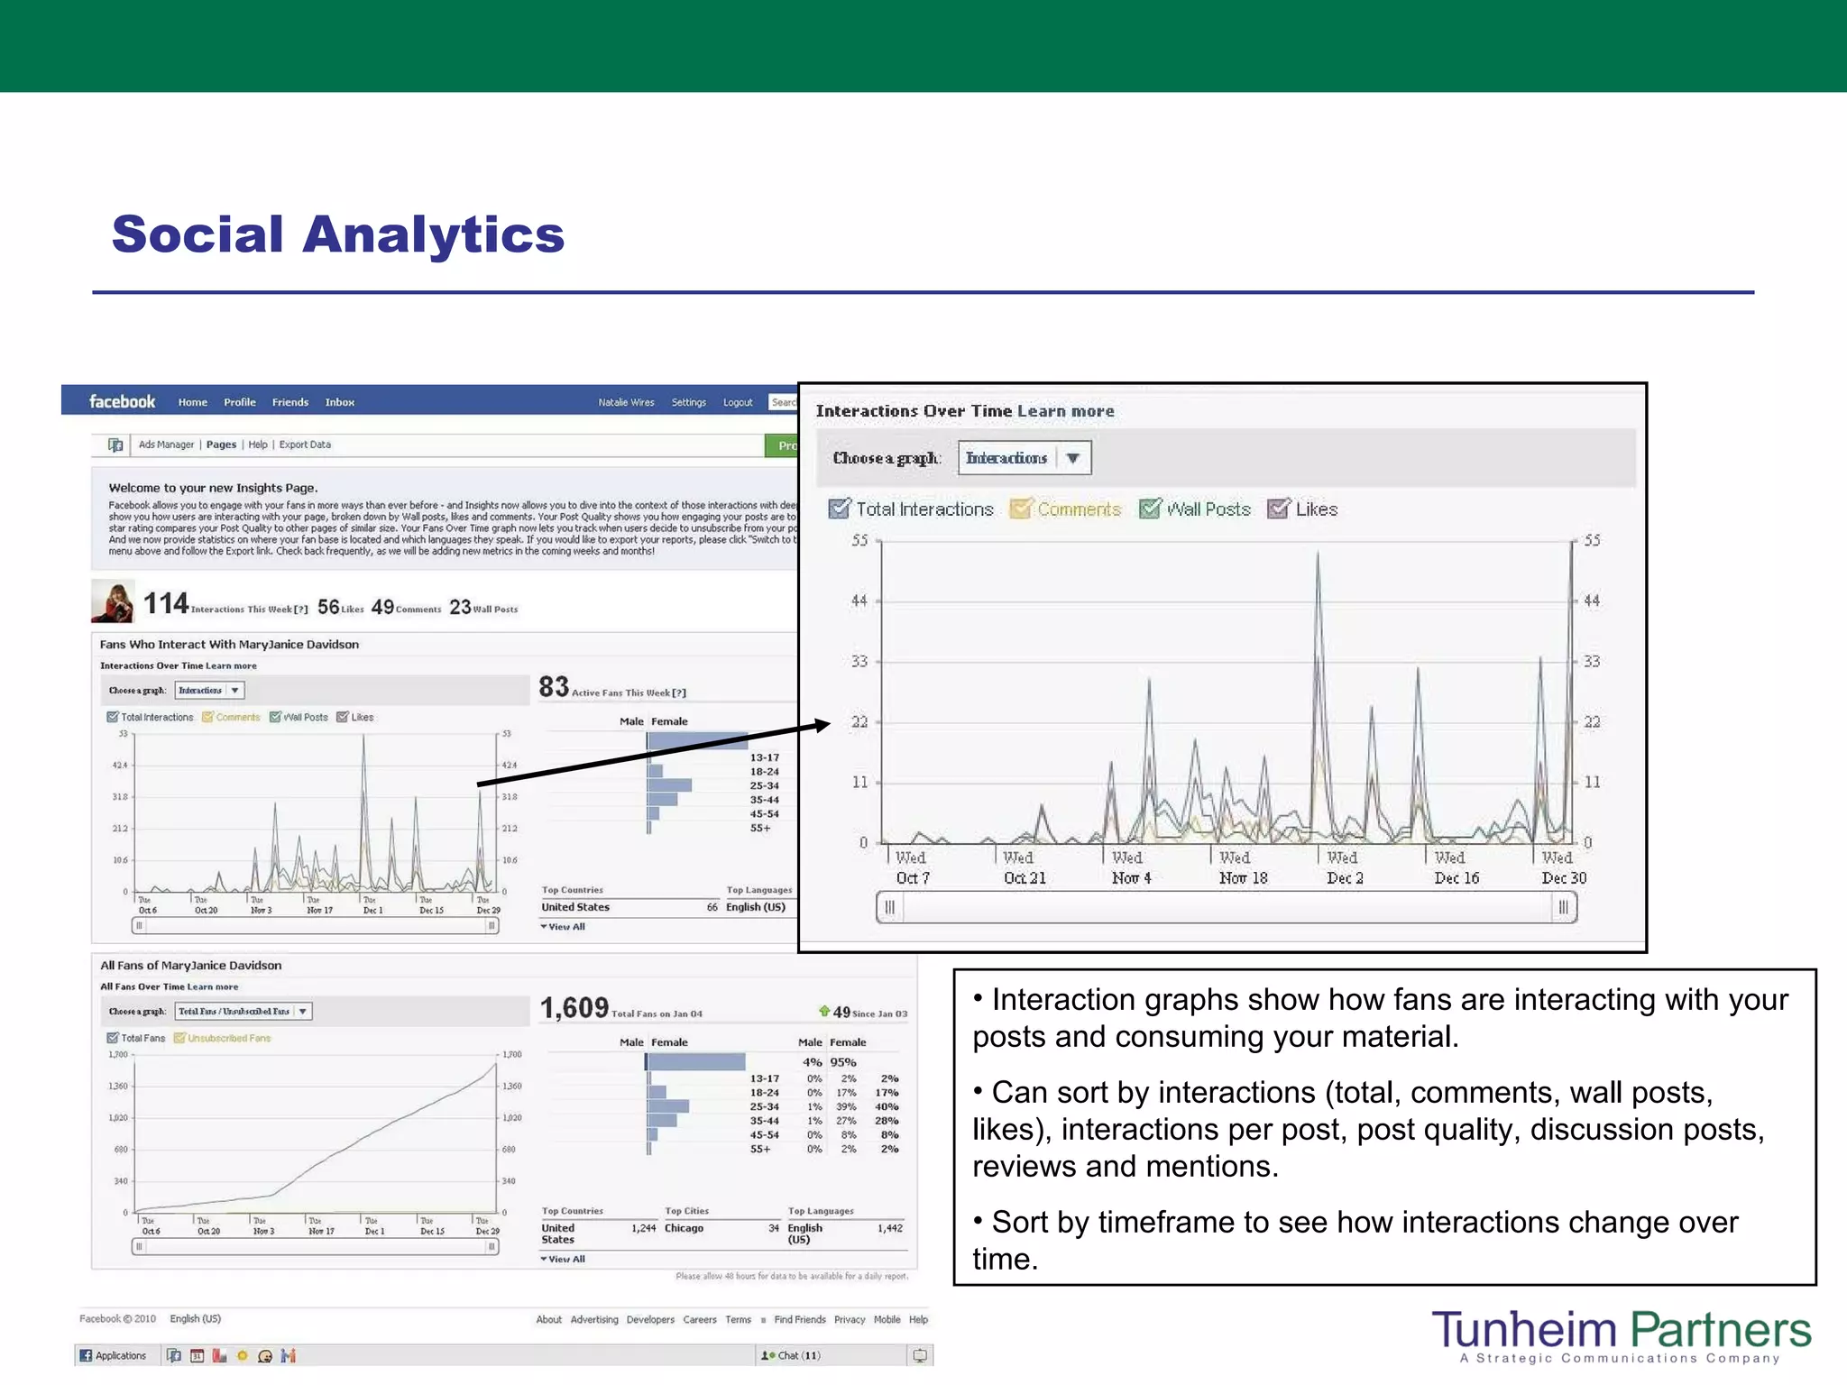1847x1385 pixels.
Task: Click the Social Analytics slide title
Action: click(x=338, y=234)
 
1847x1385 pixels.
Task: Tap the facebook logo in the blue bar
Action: click(x=122, y=402)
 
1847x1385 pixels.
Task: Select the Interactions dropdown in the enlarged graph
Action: click(x=1024, y=458)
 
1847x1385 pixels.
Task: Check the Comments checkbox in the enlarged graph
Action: click(x=1021, y=509)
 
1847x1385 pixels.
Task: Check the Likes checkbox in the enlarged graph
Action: click(x=1278, y=509)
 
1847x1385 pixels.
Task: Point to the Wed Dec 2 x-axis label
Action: click(x=1344, y=868)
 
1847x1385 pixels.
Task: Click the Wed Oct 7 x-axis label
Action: click(x=912, y=868)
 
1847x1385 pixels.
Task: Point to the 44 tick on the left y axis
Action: click(x=859, y=601)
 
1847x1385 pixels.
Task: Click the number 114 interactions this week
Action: click(x=166, y=603)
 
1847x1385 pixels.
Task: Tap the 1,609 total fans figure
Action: click(x=574, y=1008)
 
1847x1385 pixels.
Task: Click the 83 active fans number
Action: click(x=554, y=687)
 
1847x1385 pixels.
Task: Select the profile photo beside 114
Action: click(x=114, y=601)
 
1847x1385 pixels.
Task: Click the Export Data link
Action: click(x=305, y=445)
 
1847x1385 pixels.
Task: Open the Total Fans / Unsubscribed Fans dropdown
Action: click(x=243, y=1012)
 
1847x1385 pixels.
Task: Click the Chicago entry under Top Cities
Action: click(x=684, y=1228)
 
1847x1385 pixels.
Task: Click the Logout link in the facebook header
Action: click(x=737, y=403)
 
